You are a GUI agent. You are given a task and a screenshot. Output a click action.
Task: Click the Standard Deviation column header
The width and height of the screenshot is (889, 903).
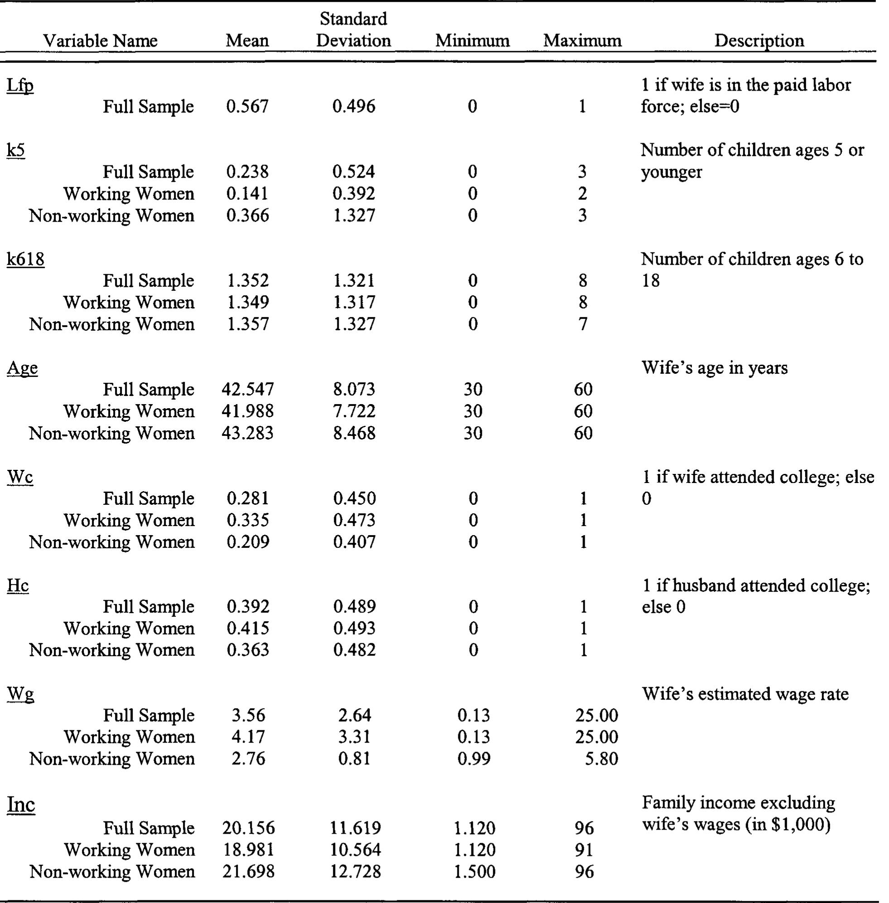(353, 30)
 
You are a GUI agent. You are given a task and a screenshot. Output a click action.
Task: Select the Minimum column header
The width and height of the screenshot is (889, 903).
(472, 41)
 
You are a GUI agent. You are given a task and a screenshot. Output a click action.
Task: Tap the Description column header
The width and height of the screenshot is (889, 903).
(759, 41)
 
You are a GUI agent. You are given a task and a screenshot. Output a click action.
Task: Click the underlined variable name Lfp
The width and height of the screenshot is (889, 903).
(20, 86)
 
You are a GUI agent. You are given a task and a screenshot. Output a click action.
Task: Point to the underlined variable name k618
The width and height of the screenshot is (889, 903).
(26, 259)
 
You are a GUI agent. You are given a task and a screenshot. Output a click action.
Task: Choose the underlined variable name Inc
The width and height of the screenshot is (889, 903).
(21, 804)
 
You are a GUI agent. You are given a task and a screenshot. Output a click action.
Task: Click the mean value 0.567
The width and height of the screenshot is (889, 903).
(247, 106)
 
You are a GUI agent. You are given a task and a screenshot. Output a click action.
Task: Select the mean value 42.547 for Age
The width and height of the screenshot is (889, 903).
(247, 389)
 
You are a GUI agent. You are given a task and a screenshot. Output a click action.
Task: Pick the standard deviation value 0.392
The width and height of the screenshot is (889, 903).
(353, 193)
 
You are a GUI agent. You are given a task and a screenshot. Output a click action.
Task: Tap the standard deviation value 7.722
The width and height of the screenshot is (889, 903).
(353, 411)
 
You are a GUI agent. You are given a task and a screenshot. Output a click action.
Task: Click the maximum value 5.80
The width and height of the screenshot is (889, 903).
(601, 758)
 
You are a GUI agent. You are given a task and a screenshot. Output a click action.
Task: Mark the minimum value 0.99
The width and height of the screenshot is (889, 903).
(473, 758)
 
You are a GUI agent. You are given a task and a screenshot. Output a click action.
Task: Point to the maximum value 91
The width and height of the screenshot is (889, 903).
(584, 850)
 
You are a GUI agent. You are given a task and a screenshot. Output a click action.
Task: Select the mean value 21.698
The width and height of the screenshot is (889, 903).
(248, 872)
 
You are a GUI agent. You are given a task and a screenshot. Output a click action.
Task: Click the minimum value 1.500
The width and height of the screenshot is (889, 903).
(474, 872)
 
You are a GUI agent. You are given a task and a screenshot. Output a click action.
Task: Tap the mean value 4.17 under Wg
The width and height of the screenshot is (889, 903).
(248, 737)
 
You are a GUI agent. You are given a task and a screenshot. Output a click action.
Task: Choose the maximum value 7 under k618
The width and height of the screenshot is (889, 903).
(583, 324)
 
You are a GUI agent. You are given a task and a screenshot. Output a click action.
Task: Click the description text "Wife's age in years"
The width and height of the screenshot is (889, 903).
(714, 368)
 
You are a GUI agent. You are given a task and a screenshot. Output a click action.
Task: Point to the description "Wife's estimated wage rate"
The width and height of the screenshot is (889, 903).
(745, 694)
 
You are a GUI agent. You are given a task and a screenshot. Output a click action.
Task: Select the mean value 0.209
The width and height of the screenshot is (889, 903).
(248, 542)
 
